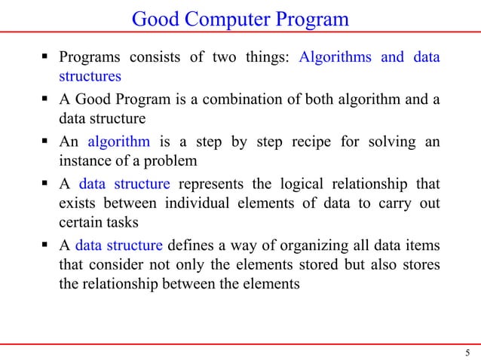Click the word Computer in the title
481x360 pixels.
click(231, 18)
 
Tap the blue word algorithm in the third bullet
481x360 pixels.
click(118, 142)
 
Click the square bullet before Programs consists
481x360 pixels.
click(46, 58)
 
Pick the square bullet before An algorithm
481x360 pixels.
click(46, 142)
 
